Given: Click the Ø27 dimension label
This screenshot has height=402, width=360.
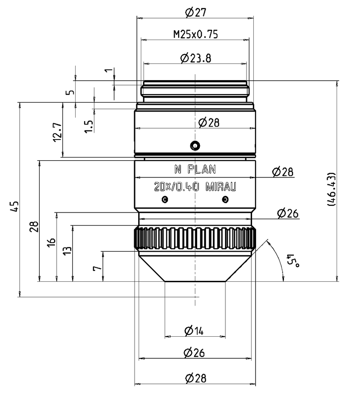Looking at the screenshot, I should (195, 12).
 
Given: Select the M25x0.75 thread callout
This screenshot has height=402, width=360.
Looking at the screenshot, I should (195, 35).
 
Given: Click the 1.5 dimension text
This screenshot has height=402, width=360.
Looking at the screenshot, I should (89, 126).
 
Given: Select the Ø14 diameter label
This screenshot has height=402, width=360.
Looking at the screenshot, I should (194, 331).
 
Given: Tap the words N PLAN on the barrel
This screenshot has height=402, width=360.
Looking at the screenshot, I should (195, 169).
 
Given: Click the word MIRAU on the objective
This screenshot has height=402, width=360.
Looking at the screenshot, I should (221, 186).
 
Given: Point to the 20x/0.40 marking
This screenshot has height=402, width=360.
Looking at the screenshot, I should (176, 186).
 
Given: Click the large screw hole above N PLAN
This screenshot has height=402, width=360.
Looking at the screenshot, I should (195, 145).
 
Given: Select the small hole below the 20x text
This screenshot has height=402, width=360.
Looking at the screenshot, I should (165, 199).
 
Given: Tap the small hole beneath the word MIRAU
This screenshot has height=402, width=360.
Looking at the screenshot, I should (225, 199).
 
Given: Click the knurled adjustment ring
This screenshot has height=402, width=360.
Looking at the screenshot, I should (195, 238).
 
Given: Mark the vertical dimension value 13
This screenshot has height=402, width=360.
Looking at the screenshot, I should (67, 250).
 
